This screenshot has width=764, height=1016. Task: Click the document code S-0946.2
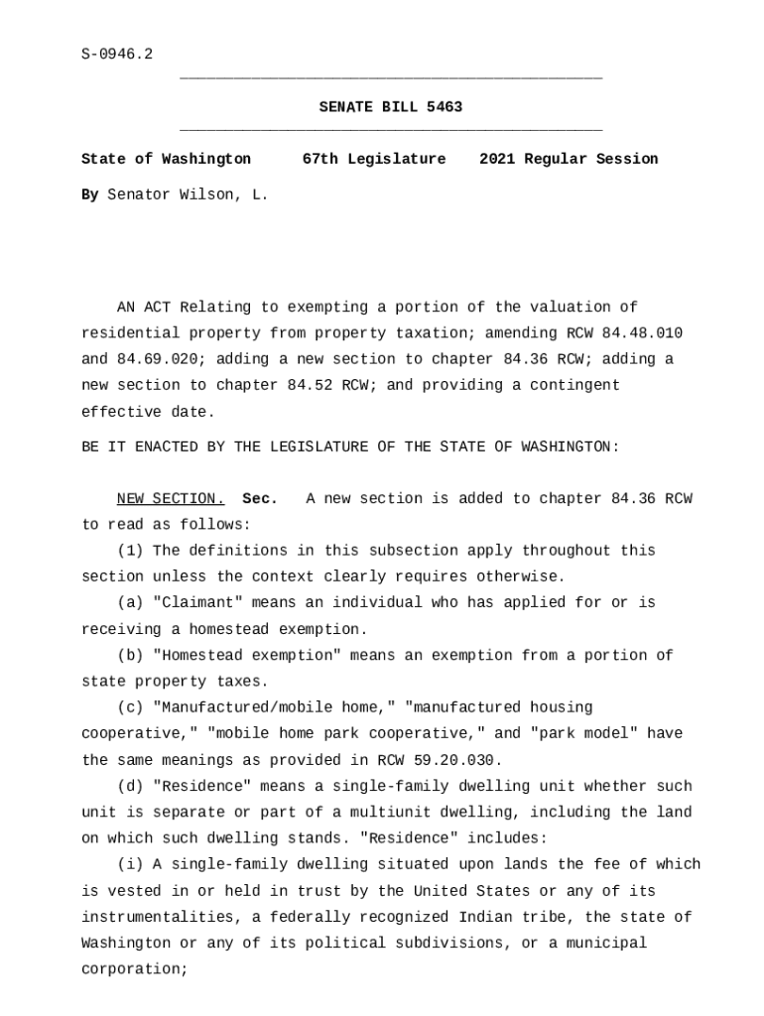[x=117, y=55]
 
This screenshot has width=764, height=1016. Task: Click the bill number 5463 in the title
[x=445, y=107]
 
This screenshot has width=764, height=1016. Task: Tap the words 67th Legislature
[x=374, y=159]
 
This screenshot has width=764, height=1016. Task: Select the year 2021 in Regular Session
[x=497, y=159]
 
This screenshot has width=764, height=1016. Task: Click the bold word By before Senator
[x=89, y=194]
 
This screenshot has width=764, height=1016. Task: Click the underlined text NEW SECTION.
[x=171, y=498]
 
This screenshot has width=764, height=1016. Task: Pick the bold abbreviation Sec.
[x=260, y=498]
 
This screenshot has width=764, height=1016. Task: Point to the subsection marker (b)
[x=130, y=655]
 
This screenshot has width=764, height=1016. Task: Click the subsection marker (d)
[x=130, y=786]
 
